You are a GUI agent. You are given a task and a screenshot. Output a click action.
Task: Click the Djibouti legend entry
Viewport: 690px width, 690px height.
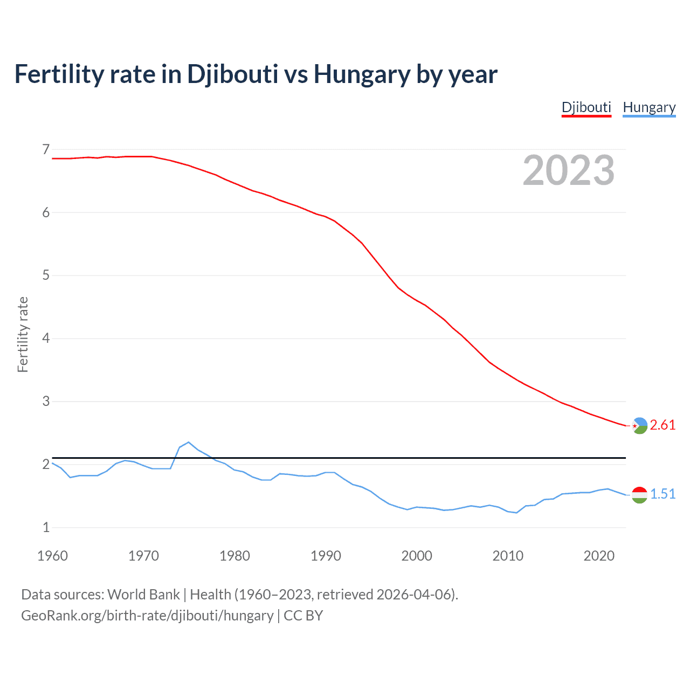point(586,107)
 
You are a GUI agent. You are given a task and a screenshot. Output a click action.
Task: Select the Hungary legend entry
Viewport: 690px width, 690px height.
point(649,107)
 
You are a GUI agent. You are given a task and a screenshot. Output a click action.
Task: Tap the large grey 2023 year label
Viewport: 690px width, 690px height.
point(569,170)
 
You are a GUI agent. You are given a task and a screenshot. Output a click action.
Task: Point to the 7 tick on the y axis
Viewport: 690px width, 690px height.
point(46,149)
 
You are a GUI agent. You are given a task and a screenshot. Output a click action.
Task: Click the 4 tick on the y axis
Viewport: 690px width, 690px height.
point(46,339)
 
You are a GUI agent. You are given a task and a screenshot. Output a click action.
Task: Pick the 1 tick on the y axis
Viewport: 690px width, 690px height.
point(46,528)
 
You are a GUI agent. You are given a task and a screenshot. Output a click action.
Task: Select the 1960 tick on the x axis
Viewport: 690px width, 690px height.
point(52,556)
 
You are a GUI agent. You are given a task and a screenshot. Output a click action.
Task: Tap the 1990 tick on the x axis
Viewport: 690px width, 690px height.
point(326,556)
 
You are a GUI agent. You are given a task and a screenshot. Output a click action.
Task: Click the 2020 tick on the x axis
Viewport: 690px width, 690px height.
point(599,556)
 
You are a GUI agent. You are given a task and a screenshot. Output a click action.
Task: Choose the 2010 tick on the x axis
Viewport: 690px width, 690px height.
point(508,556)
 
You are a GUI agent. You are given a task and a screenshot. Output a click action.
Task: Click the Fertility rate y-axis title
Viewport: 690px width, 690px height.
point(23,334)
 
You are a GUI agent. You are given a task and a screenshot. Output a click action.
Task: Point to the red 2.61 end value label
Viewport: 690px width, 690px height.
point(663,425)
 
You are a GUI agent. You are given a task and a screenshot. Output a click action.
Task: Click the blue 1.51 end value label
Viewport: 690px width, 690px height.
point(663,494)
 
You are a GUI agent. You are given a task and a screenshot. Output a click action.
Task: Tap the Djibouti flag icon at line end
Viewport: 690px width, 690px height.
point(639,426)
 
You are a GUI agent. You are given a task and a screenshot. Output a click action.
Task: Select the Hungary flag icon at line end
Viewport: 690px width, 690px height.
point(639,495)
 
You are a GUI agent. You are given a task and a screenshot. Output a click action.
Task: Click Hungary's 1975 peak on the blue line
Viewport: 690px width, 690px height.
point(189,442)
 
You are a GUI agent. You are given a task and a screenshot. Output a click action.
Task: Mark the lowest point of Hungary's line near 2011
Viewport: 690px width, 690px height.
point(516,513)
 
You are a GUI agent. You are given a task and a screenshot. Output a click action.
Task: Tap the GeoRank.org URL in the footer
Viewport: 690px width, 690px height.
point(147,616)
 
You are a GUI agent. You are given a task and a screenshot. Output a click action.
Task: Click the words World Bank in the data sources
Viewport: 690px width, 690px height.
point(143,595)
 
